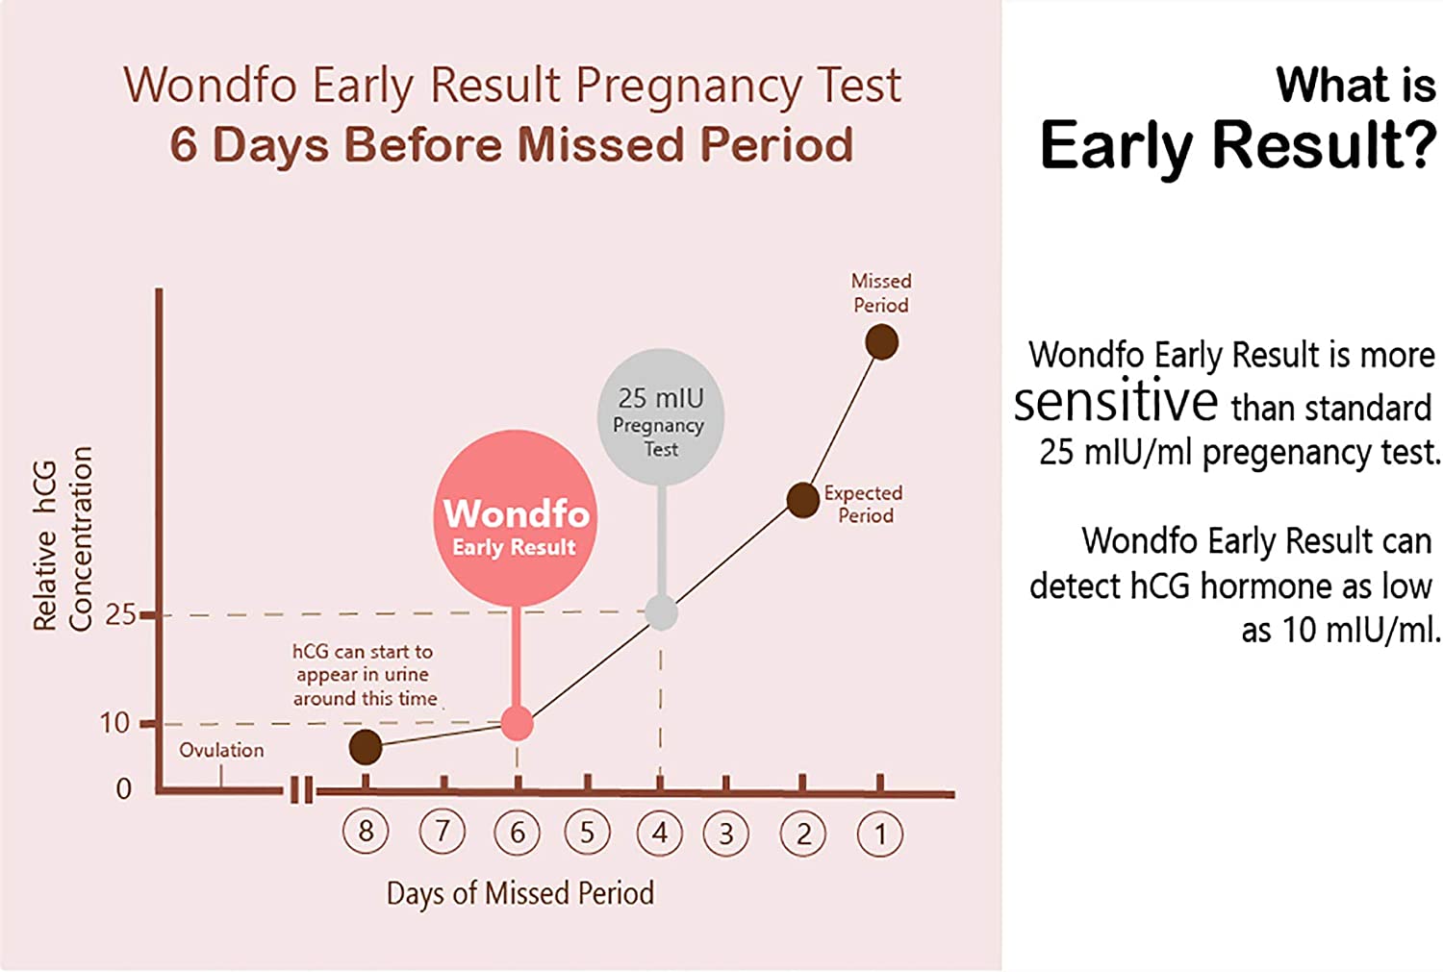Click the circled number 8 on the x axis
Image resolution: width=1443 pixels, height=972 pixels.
pos(366,832)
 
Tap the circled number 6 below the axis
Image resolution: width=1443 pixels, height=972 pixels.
pos(517,833)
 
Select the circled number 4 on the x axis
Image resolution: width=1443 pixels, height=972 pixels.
pos(660,833)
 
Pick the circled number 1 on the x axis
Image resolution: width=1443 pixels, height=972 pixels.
pos(879,835)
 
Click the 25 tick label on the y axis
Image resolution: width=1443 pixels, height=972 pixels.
pos(120,615)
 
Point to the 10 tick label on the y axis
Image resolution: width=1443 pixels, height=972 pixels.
pos(114,723)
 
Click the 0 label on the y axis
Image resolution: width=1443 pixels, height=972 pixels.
pos(123,789)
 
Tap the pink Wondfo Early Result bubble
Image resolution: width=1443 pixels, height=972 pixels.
pos(517,519)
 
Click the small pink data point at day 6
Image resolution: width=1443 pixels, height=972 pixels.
pos(518,723)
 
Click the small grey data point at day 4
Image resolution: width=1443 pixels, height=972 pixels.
pos(661,612)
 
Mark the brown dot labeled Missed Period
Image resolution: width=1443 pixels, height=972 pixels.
pos(881,342)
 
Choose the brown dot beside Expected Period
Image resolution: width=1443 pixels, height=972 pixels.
pos(802,500)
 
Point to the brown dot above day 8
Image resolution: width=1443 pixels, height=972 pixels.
pos(366,746)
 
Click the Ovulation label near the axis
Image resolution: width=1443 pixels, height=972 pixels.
pos(221,750)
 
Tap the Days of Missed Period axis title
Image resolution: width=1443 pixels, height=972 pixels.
pos(519,893)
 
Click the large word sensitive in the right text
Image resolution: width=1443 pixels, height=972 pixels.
pos(1116,402)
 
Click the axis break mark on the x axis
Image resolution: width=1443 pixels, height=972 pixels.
pos(301,791)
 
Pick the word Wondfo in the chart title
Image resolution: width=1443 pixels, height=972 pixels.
pos(210,85)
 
